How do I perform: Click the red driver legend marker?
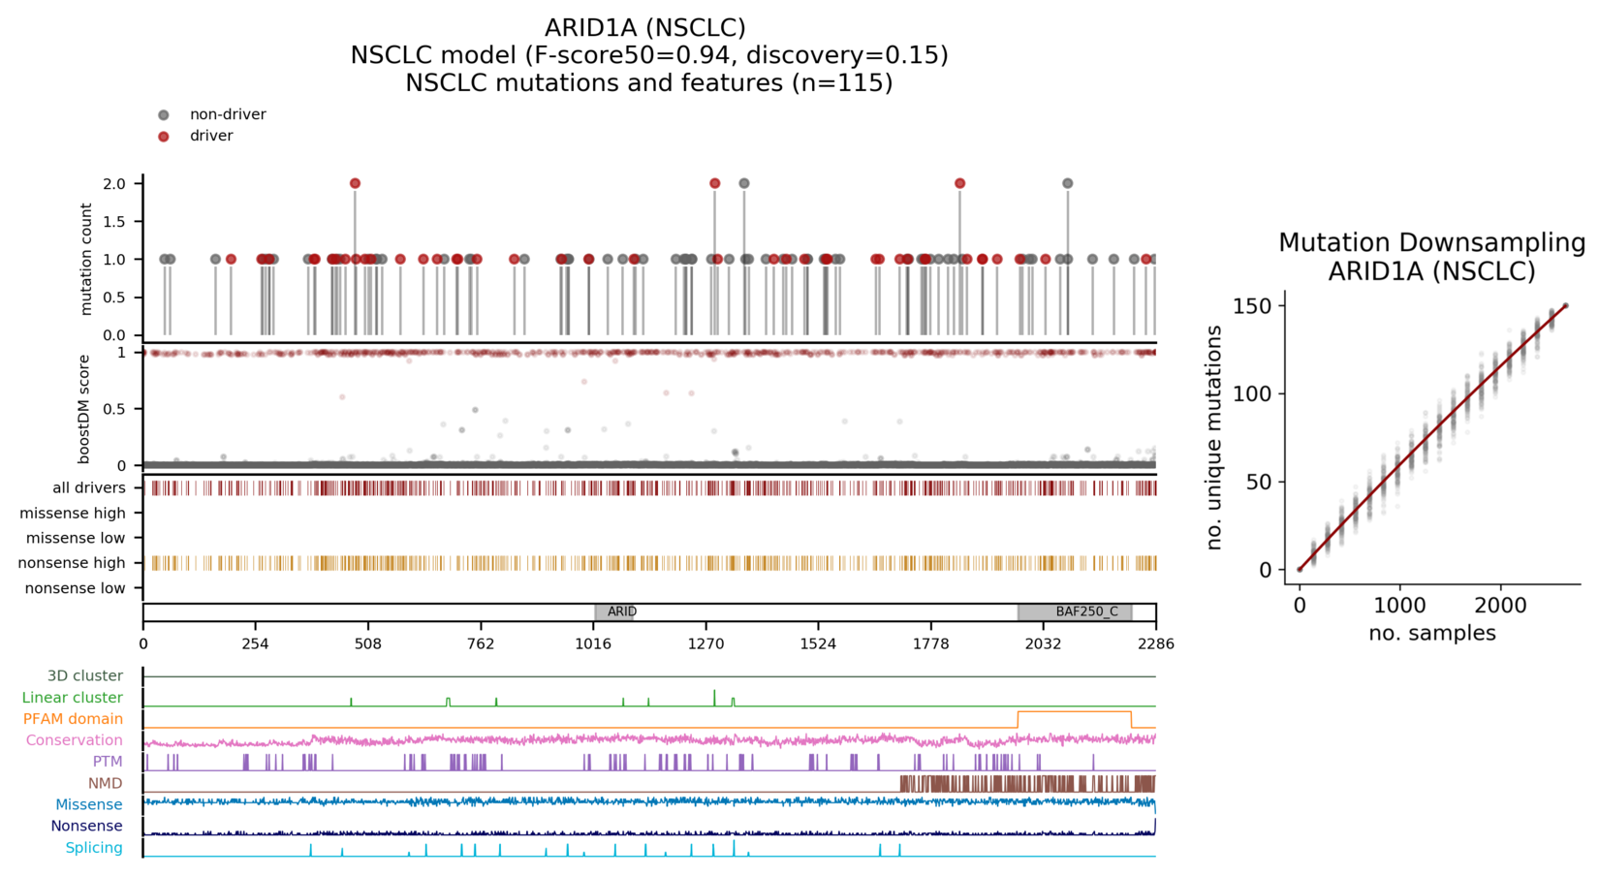(x=164, y=137)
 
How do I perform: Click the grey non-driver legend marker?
(x=164, y=115)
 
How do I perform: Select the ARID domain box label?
(x=621, y=611)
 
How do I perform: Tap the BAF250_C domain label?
(x=1086, y=611)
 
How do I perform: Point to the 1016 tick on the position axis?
(x=593, y=642)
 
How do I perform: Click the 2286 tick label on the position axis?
(x=1155, y=642)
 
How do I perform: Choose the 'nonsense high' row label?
(x=72, y=563)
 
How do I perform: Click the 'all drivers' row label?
(x=89, y=487)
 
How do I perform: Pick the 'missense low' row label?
(x=76, y=538)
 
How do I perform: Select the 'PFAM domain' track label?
(x=73, y=719)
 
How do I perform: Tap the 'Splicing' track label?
(x=94, y=848)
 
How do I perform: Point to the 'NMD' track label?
(x=105, y=783)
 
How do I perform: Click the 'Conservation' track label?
(x=74, y=740)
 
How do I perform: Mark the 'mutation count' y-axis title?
(x=86, y=259)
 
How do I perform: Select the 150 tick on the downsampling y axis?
(x=1256, y=306)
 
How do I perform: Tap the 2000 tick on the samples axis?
(x=1500, y=606)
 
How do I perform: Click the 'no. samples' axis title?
(x=1431, y=634)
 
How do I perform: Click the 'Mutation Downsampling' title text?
(x=1431, y=242)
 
